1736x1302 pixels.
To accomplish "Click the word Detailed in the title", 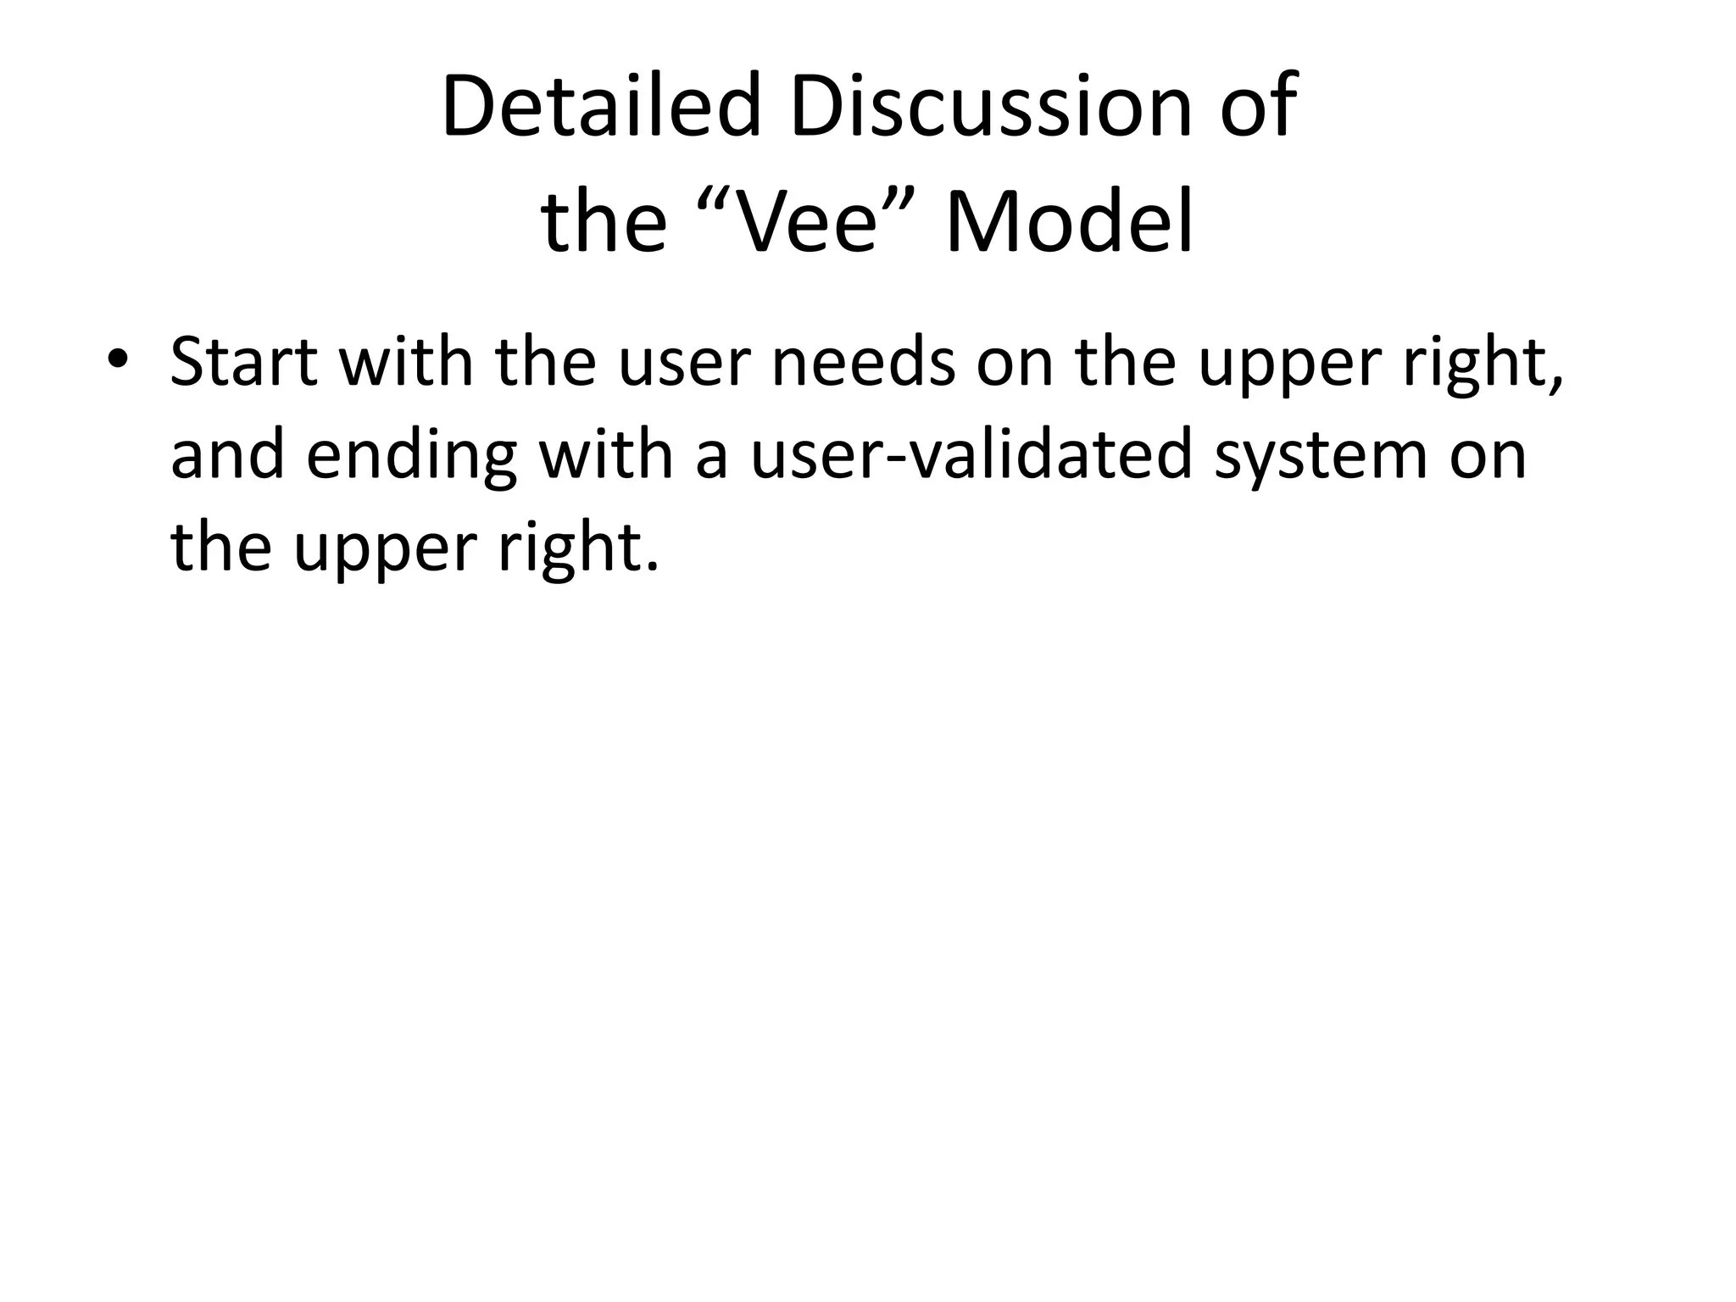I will pos(600,108).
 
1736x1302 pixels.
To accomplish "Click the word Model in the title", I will pos(1069,222).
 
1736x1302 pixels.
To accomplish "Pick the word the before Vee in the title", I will pos(604,222).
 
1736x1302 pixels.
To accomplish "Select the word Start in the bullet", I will pos(244,363).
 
